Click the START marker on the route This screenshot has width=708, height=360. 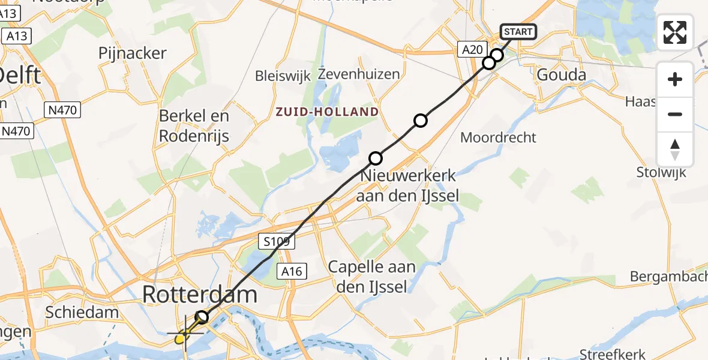(x=517, y=32)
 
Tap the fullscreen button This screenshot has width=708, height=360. (x=675, y=32)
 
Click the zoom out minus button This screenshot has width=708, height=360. (x=675, y=114)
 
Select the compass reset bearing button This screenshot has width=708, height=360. (x=675, y=149)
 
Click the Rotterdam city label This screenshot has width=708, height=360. (x=200, y=294)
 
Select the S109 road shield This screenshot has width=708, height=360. (x=277, y=242)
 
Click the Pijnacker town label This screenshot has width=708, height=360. (x=133, y=53)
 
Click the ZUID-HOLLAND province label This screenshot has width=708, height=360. (x=327, y=112)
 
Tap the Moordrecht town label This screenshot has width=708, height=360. (x=498, y=137)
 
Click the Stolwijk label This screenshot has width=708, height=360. (x=661, y=173)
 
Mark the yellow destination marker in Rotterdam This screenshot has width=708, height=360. (x=181, y=339)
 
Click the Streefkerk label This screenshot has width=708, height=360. (x=613, y=353)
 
